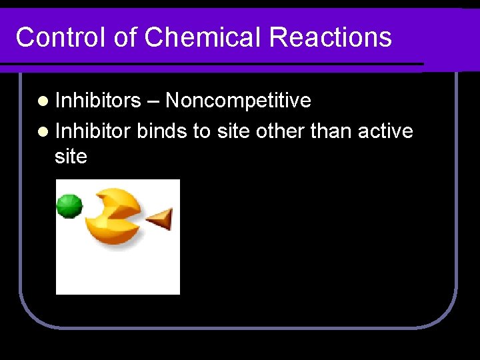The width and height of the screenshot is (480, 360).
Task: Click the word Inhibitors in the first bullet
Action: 98,101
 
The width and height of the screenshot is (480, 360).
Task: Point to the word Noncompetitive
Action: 238,101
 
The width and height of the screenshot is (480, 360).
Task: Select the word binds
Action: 163,131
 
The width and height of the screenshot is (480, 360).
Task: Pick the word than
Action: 332,131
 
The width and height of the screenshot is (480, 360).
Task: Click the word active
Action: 386,131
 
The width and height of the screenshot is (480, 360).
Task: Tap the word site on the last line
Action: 71,157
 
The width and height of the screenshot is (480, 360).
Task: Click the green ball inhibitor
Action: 69,206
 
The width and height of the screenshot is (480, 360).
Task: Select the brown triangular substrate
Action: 160,219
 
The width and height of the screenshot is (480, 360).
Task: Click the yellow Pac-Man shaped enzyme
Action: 115,216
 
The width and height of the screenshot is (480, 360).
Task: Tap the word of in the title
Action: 125,37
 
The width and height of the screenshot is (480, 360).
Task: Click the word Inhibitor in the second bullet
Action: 93,131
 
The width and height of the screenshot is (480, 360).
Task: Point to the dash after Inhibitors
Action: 153,101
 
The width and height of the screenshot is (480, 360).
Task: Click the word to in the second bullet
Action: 201,131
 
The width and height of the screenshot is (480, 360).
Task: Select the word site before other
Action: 233,131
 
